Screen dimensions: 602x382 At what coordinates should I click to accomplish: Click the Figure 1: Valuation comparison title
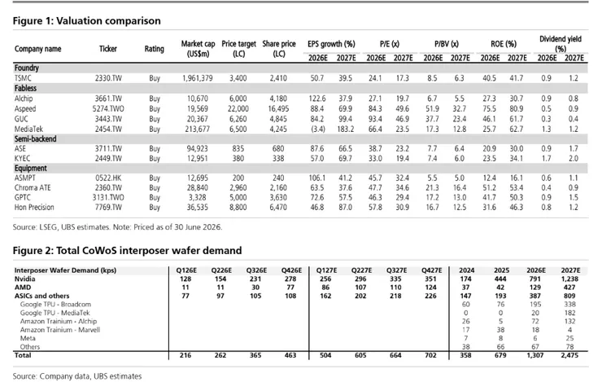(87, 20)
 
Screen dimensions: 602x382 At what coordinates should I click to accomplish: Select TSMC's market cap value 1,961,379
(198, 78)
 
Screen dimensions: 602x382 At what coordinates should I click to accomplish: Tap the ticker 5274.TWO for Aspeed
(108, 109)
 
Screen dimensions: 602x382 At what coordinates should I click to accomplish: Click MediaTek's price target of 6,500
(238, 130)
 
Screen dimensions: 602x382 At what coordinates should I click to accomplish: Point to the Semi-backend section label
(35, 138)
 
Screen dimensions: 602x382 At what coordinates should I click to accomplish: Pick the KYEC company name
(22, 158)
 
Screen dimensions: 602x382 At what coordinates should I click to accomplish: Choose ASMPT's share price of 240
(278, 178)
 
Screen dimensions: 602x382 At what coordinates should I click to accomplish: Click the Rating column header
(155, 49)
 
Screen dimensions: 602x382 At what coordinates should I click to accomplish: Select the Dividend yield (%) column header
(561, 44)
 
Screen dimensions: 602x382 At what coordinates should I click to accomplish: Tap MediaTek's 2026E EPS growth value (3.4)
(318, 130)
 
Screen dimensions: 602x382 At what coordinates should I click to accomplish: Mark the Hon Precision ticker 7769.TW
(108, 207)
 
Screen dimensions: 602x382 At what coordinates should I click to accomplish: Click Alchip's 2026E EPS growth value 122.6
(317, 99)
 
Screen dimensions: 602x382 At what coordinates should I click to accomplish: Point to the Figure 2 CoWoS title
(127, 251)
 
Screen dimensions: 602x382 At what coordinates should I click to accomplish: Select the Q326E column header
(255, 270)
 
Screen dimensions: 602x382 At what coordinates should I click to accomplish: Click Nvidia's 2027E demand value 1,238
(569, 279)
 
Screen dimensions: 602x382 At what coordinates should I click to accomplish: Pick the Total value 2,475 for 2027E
(569, 355)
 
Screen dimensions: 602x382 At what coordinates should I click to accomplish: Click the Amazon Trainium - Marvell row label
(60, 330)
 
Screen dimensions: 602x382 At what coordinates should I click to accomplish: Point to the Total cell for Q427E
(431, 355)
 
